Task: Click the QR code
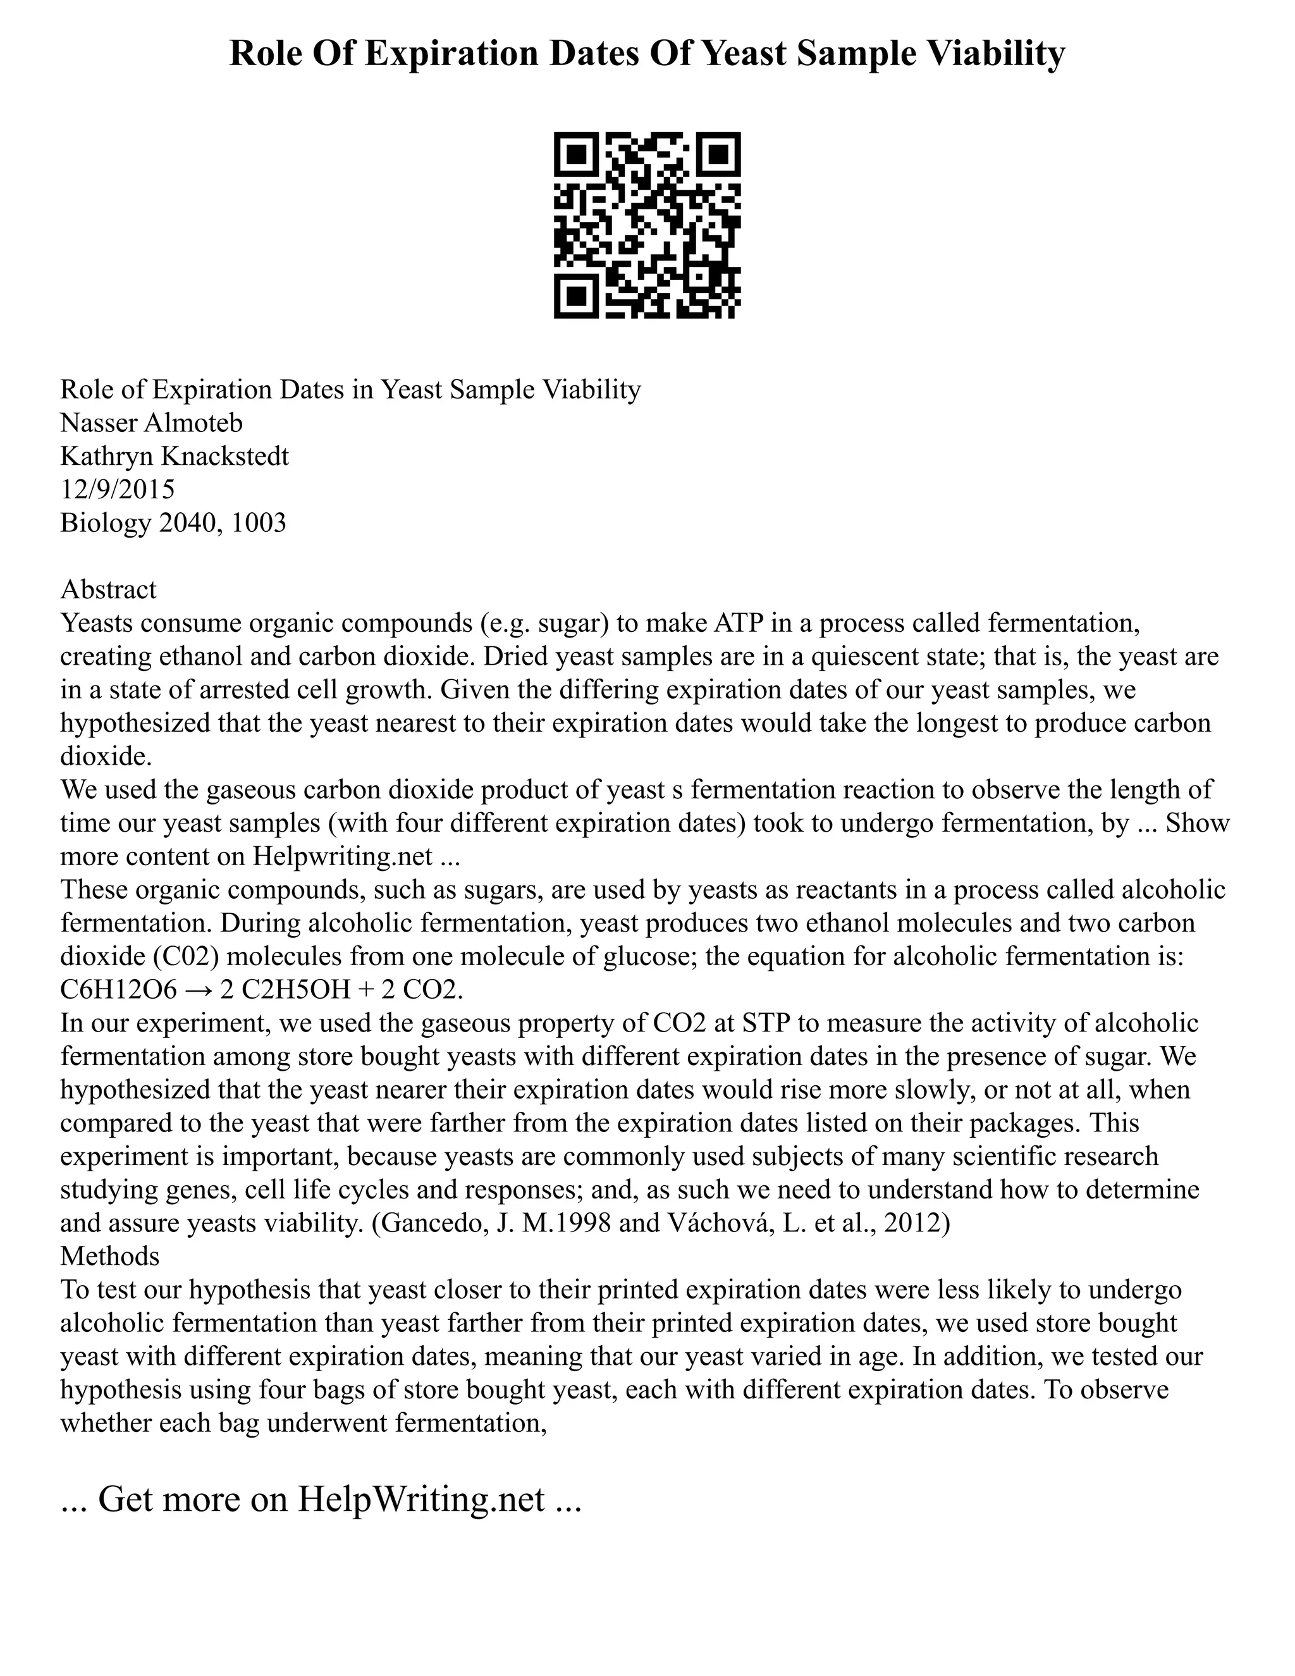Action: coord(647,225)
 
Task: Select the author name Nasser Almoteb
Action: coord(151,423)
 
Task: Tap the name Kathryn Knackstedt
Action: coord(174,456)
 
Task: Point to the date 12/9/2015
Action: coord(118,489)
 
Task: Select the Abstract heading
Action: coord(108,589)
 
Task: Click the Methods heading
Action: coord(109,1255)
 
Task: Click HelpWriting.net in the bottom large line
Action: coord(420,1499)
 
